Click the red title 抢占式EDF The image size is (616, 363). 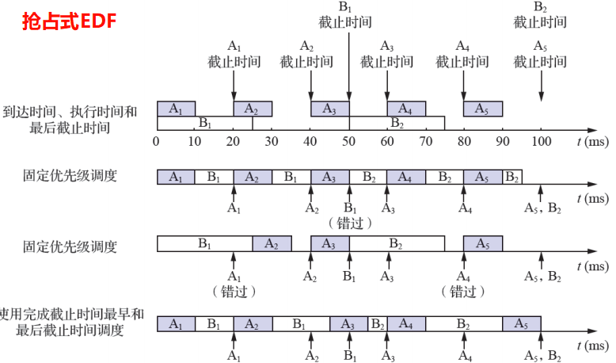[x=69, y=21]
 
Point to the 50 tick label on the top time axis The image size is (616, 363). [x=349, y=142]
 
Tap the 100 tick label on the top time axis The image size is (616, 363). [x=541, y=142]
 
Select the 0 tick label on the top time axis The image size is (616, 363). [x=156, y=142]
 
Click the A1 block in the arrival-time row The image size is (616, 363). [x=176, y=109]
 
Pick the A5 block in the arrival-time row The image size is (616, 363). [x=483, y=109]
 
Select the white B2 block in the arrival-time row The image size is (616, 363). [x=397, y=123]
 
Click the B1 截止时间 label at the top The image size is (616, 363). [x=345, y=15]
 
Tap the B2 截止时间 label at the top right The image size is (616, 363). [x=540, y=15]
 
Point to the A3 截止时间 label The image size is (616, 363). [x=387, y=54]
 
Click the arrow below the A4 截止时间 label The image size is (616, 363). [x=463, y=86]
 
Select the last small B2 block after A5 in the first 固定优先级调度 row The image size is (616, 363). [x=512, y=177]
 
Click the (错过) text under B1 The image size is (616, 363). [x=349, y=224]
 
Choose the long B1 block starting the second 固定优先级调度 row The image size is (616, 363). [x=205, y=244]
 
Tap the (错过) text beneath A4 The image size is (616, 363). [x=462, y=292]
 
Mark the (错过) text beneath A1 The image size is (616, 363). [x=234, y=292]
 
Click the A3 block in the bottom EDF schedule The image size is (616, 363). [x=348, y=324]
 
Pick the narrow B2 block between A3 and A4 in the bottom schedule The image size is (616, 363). [x=377, y=324]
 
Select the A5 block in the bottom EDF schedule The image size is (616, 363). [x=522, y=324]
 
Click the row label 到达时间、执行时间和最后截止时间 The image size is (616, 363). [x=70, y=120]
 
